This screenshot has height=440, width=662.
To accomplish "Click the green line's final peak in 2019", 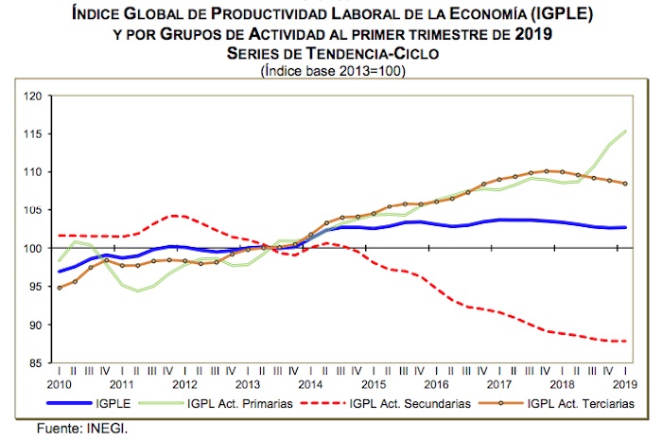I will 626,131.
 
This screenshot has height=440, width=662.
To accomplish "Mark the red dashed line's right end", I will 626,341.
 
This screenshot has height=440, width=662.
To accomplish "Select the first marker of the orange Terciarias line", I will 60,288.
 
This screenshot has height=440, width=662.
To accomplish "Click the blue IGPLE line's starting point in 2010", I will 60,272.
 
